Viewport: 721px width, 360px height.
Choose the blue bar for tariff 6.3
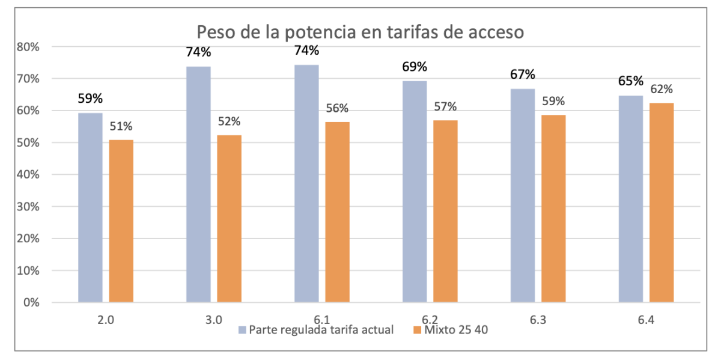522,195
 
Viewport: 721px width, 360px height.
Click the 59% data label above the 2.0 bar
90,99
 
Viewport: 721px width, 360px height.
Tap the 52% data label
230,121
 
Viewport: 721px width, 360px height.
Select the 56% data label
337,109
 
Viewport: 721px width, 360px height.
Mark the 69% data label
415,67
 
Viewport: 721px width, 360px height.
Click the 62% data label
662,90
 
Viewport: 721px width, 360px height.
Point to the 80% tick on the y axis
28,47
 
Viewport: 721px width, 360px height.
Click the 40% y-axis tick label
28,175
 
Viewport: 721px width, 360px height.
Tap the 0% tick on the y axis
31,302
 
